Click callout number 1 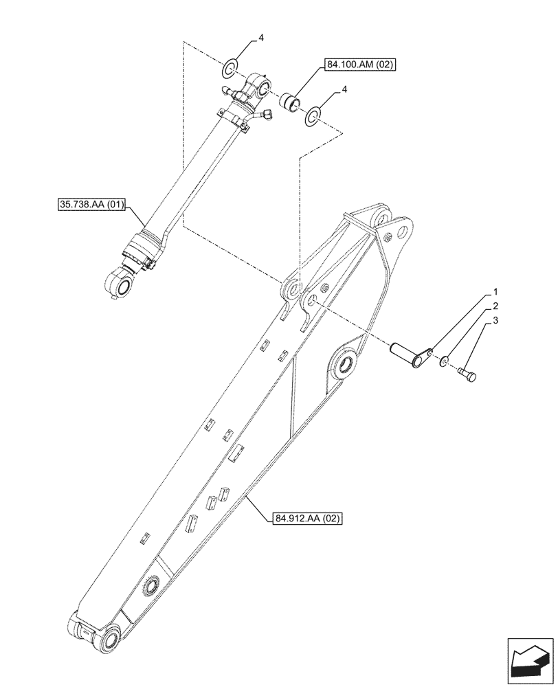494,291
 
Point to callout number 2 494,306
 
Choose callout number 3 494,321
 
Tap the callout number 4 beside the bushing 344,89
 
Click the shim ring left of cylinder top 230,68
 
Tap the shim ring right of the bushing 313,117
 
